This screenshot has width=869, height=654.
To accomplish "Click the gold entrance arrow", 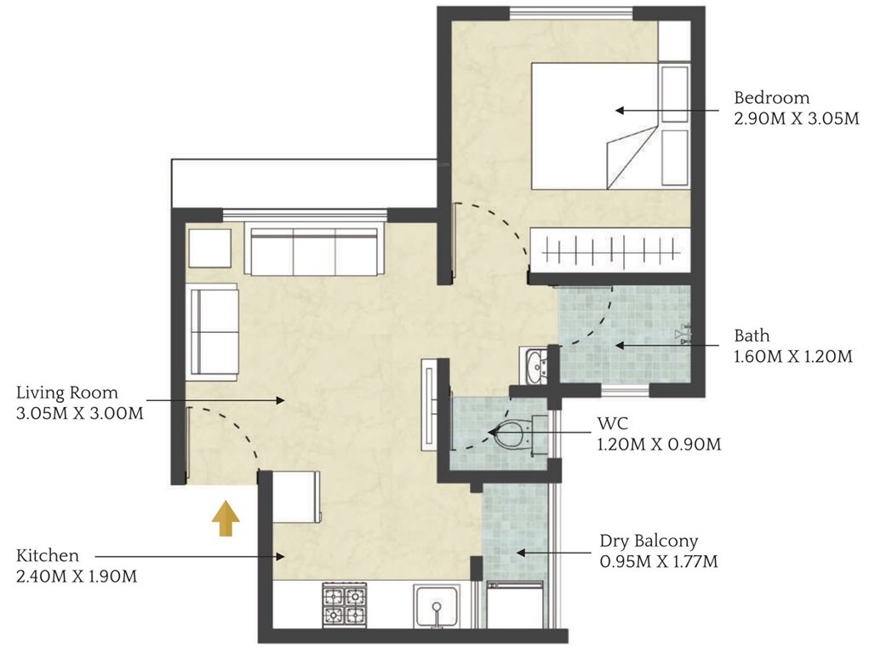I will tap(226, 519).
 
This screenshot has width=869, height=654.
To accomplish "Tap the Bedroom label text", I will tap(772, 98).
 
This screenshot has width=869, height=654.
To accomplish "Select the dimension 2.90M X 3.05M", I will tap(796, 119).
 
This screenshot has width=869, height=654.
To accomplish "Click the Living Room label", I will tap(67, 393).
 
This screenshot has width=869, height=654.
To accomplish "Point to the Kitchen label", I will tap(48, 556).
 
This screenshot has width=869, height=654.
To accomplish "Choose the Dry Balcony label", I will tap(649, 541).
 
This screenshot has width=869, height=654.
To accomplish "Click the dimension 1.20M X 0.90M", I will tap(660, 444).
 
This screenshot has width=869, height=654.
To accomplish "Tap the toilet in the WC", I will tap(511, 435).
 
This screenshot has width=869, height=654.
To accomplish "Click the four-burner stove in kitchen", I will tap(344, 605).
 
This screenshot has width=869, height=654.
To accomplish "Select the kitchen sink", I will tap(437, 607).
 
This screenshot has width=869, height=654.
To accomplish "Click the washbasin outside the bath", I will tap(536, 367).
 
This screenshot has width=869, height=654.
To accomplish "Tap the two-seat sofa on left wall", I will tap(214, 330).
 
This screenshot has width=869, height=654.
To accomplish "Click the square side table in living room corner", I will tap(209, 246).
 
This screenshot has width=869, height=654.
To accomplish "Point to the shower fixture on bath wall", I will tap(683, 335).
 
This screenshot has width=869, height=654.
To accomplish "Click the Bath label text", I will tap(752, 336).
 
